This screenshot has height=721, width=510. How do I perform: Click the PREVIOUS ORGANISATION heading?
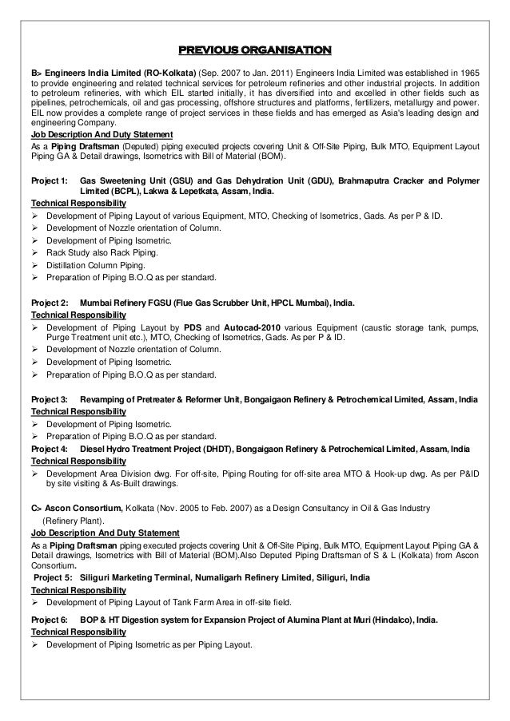coord(254,52)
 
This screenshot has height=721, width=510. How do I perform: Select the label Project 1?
coord(49,182)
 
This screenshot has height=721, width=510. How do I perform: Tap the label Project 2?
coord(49,304)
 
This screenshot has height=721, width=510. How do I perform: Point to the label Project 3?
coord(49,398)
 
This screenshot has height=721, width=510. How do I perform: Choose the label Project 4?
coord(49,449)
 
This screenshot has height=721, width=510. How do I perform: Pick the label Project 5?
coord(52,577)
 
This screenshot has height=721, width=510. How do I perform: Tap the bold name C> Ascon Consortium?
coord(76,508)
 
